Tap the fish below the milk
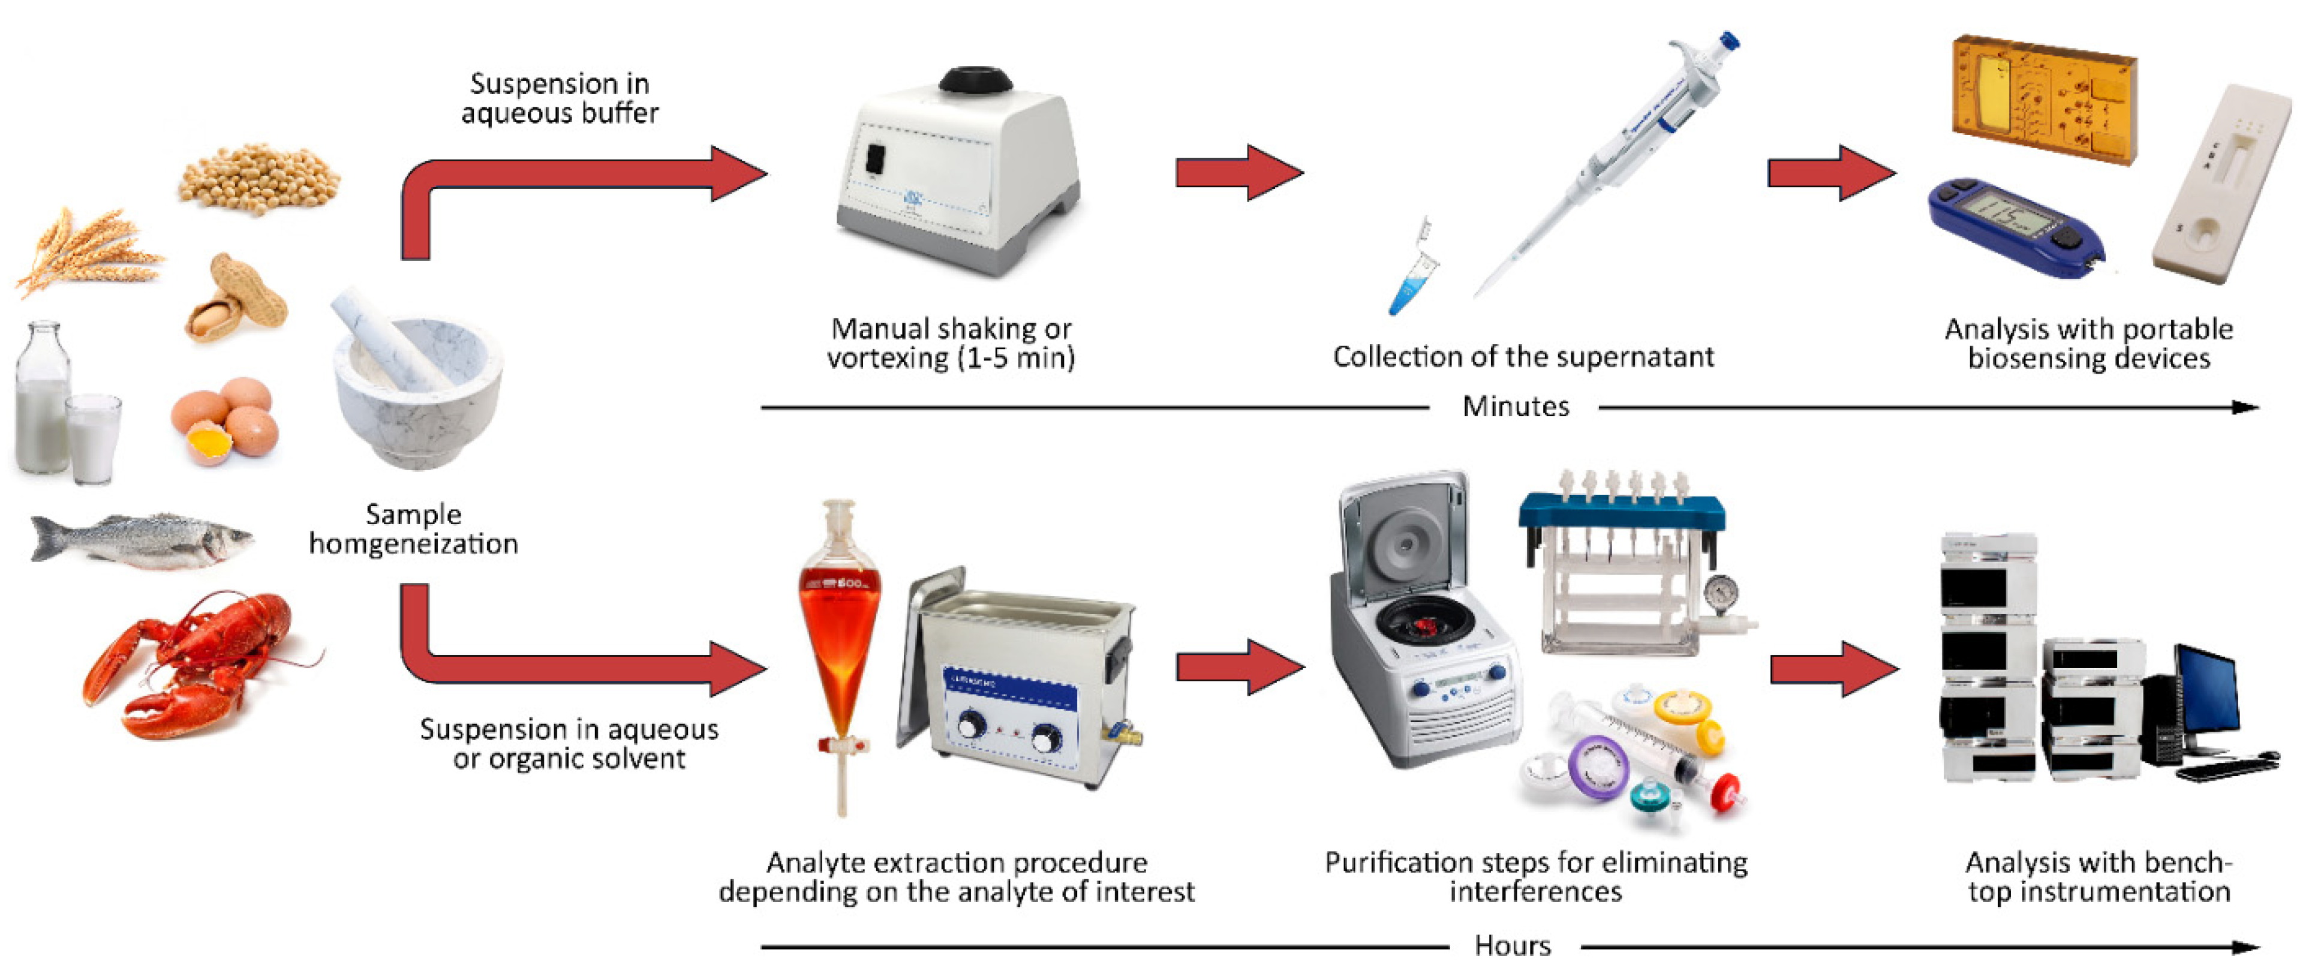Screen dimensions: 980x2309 (143, 540)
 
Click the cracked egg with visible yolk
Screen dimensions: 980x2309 (208, 444)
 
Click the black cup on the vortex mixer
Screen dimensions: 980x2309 (975, 81)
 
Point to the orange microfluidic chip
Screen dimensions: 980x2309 (2044, 98)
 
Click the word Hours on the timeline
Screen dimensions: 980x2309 (1512, 946)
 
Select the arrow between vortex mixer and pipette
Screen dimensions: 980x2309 (1238, 172)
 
